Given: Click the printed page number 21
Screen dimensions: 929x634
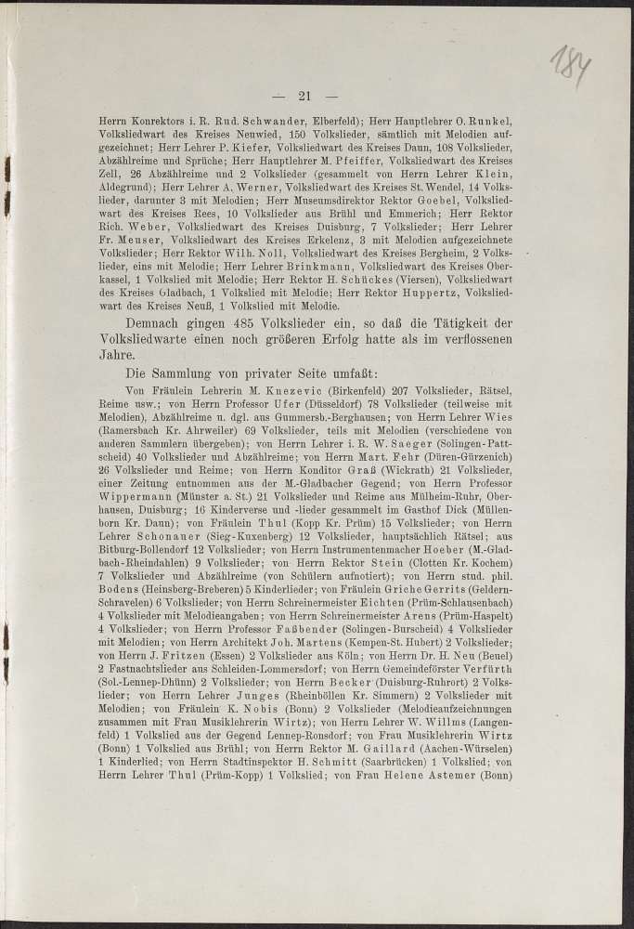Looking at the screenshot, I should [303, 95].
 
